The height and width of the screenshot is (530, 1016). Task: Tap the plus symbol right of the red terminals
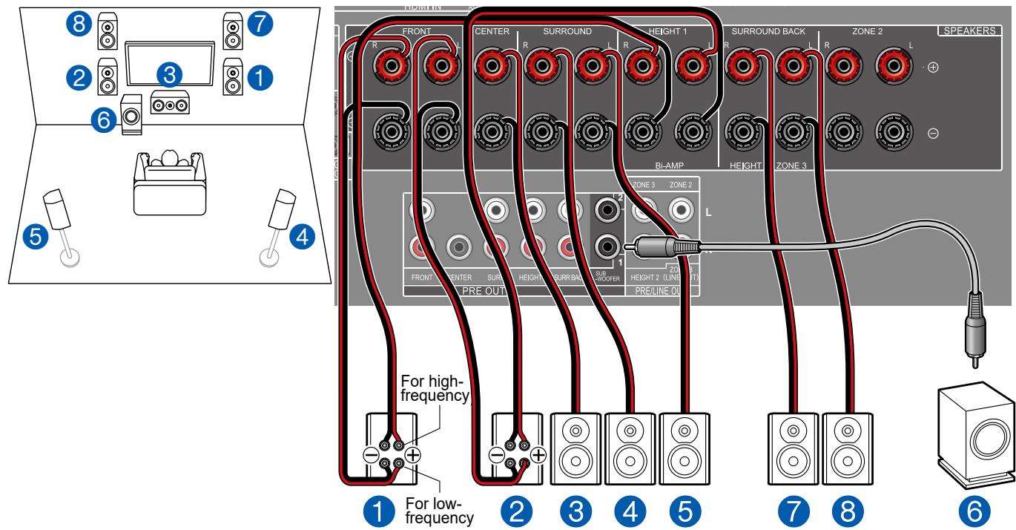tap(932, 68)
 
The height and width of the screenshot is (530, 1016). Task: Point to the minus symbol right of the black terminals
tap(932, 134)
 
